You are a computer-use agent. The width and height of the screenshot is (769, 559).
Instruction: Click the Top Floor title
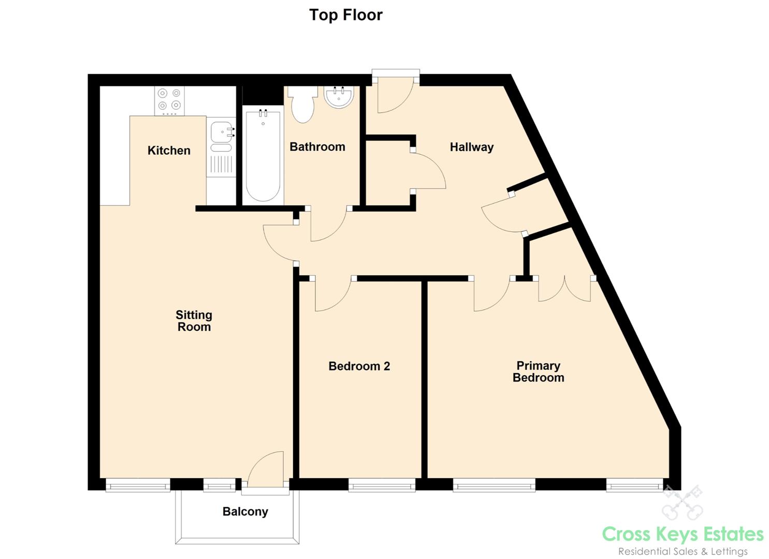[x=346, y=15]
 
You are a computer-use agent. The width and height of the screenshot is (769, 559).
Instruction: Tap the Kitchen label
[x=169, y=150]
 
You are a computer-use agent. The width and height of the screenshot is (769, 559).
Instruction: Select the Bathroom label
[x=317, y=147]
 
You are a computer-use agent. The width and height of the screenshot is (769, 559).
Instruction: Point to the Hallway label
[x=472, y=147]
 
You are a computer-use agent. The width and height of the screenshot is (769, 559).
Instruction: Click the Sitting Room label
[x=194, y=321]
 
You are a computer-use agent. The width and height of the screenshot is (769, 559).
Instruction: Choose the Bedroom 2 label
[x=359, y=366]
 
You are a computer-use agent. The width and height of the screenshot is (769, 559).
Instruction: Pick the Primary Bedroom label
[x=539, y=372]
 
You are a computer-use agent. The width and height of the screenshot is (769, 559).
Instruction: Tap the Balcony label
[x=245, y=512]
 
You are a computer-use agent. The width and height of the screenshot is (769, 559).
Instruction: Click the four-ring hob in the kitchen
[x=169, y=101]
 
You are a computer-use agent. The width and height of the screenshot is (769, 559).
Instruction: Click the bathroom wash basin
[x=339, y=97]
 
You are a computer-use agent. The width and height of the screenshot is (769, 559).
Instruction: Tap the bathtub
[x=263, y=155]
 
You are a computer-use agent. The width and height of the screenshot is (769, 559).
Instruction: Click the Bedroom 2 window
[x=382, y=485]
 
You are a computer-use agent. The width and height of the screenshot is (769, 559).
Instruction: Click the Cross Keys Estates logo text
[x=683, y=534]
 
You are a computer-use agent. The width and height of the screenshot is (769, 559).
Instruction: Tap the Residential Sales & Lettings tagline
[x=683, y=552]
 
